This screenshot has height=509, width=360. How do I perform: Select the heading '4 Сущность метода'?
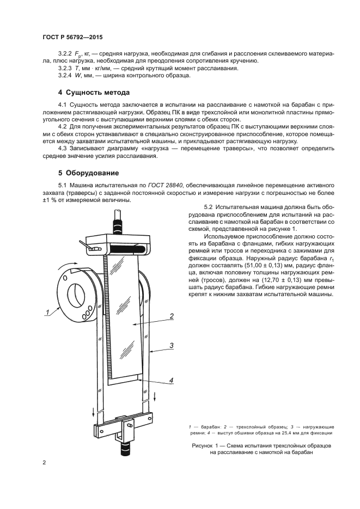pyautogui.click(x=94, y=92)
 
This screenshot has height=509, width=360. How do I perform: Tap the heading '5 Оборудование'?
pyautogui.click(x=88, y=174)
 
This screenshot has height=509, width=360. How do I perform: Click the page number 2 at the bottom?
pyautogui.click(x=44, y=463)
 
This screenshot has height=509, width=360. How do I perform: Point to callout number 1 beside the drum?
pyautogui.click(x=47, y=312)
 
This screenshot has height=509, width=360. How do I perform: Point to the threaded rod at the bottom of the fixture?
pyautogui.click(x=119, y=449)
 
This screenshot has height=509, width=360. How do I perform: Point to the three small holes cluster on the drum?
pyautogui.click(x=86, y=315)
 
